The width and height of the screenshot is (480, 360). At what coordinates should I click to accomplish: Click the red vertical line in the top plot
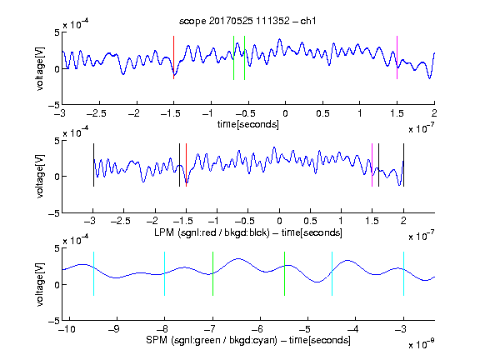point(174,57)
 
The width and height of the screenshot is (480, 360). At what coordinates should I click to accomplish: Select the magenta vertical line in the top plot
point(397,57)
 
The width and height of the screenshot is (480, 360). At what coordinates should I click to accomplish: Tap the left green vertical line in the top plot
point(234,57)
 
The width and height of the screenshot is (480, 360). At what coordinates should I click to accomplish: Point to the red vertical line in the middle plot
point(186,165)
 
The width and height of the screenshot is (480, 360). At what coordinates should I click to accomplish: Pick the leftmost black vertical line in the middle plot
point(93,165)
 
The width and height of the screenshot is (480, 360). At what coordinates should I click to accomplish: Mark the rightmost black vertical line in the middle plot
point(404,165)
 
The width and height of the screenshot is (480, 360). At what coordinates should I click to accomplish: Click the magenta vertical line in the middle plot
point(372,165)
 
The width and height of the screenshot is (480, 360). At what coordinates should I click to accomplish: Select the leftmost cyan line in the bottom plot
point(93,273)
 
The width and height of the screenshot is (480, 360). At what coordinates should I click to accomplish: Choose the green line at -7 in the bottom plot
point(212,273)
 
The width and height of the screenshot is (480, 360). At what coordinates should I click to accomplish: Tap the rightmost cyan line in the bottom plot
point(404,273)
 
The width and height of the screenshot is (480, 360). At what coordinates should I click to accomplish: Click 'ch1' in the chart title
point(308,21)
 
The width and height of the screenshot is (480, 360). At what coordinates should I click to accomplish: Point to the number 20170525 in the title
point(231,21)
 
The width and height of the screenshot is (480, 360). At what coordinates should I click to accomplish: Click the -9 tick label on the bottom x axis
point(114,329)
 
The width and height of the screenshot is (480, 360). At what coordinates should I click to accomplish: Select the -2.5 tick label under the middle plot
point(121,221)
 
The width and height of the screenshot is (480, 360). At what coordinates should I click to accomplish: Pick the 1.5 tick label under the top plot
point(397,113)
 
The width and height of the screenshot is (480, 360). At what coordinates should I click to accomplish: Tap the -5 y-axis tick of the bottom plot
point(54,321)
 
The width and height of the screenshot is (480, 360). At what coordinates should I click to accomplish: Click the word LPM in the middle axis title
point(164,232)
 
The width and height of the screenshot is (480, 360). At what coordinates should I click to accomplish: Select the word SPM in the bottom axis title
point(157,340)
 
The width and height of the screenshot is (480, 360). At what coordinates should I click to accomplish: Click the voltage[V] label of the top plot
point(40,68)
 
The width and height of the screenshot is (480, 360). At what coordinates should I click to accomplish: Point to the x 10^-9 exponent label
point(422,344)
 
